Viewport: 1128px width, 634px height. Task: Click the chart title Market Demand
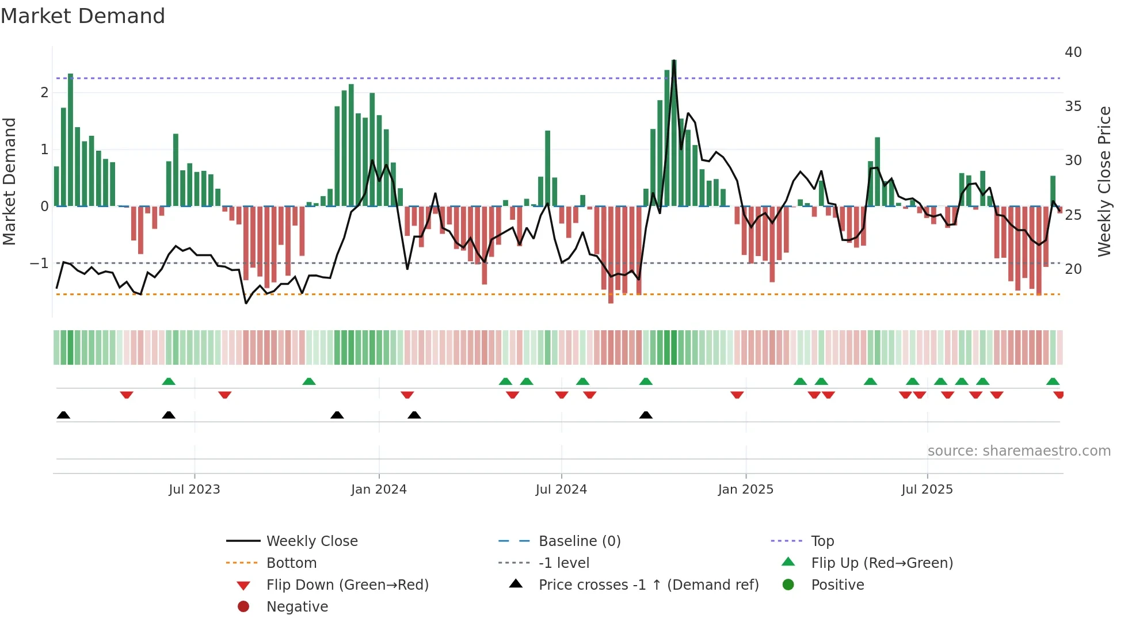83,16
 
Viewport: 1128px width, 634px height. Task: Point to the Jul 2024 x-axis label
561,490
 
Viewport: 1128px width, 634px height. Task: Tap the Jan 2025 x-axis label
745,490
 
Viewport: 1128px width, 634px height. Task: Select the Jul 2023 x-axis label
195,490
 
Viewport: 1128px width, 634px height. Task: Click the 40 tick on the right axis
1073,52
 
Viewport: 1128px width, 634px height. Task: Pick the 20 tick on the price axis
1073,269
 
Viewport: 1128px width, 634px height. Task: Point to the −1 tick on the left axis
40,263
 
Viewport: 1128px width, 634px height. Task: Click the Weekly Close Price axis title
1104,181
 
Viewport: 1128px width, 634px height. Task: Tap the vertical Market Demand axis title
10,181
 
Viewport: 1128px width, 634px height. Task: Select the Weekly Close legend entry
311,541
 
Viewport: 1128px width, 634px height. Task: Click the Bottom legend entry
291,563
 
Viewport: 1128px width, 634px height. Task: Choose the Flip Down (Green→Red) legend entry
347,585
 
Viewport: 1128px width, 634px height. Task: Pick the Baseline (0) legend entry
579,541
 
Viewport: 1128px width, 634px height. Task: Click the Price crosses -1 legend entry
648,585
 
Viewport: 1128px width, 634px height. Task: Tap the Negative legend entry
297,607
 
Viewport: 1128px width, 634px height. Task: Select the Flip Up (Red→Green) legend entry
882,563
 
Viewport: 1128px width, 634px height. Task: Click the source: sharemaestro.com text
1019,451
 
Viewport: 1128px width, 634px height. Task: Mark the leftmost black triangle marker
63,415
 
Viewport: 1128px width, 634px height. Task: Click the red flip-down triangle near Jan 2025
737,395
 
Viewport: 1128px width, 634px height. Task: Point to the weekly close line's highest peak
674,61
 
